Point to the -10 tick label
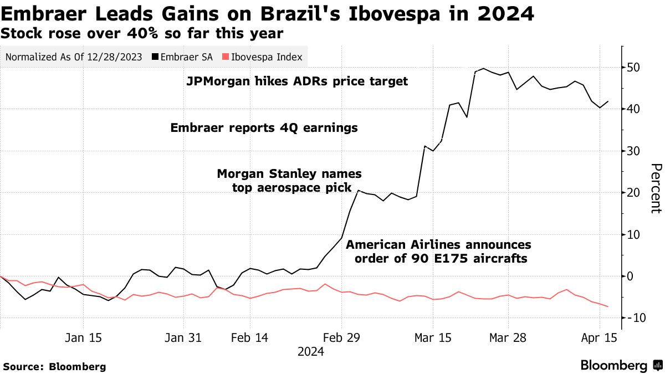point(633,318)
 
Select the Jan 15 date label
point(83,337)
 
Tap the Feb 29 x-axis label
point(341,337)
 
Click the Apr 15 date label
point(599,337)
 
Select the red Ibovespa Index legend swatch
point(224,57)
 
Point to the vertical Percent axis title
point(656,188)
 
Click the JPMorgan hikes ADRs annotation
point(297,81)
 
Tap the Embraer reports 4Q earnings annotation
point(264,128)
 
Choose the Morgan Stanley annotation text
point(288,181)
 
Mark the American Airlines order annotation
point(438,252)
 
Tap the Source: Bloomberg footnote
point(54,366)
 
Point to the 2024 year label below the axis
point(311,351)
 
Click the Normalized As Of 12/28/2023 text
point(74,57)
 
